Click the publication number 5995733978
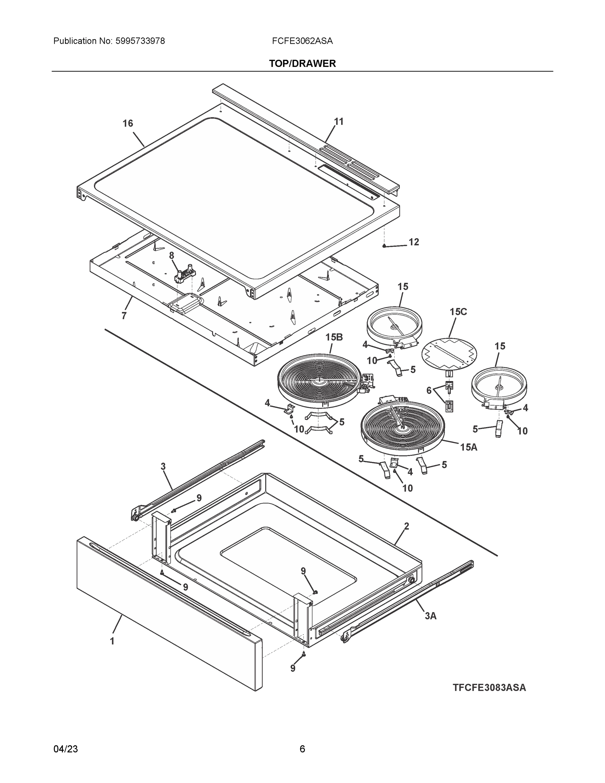(x=140, y=41)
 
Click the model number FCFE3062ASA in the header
(x=302, y=41)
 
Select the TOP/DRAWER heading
(x=302, y=64)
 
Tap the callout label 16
(x=128, y=123)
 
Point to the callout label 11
(x=339, y=122)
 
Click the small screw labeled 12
(x=384, y=246)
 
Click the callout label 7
(x=124, y=316)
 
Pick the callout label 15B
(x=334, y=337)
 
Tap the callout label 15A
(x=468, y=447)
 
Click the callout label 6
(x=429, y=391)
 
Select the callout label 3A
(x=431, y=616)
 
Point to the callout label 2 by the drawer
(x=406, y=526)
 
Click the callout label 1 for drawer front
(x=112, y=641)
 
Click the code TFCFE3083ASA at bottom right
(x=489, y=688)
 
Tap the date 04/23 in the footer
(x=66, y=749)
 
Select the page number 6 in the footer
(x=302, y=749)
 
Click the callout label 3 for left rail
(x=163, y=467)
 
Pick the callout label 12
(x=414, y=242)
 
